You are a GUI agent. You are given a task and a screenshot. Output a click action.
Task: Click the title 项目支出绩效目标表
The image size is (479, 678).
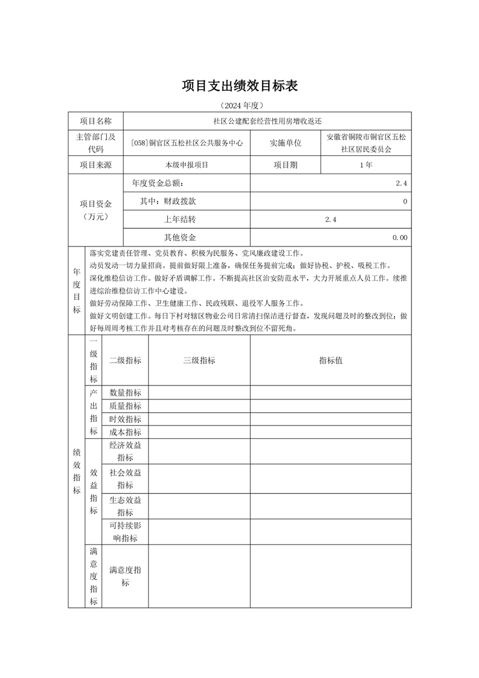coord(240,86)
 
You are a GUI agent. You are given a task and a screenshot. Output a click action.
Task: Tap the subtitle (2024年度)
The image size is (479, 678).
coord(239,105)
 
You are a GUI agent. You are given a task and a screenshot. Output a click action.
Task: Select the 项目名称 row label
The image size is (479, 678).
coord(95,121)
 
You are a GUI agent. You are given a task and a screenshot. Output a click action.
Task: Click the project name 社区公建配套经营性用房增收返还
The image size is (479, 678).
coord(267,121)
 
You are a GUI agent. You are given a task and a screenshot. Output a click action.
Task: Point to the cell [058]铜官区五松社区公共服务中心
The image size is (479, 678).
coord(187,143)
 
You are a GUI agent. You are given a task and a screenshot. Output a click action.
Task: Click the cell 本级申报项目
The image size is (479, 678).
coord(187,165)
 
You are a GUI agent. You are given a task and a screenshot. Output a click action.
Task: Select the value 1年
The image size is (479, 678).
coord(365,165)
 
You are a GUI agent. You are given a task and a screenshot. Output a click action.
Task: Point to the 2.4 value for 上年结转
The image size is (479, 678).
coord(330,219)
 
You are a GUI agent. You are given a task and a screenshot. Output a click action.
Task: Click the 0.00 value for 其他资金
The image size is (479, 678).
coord(399,238)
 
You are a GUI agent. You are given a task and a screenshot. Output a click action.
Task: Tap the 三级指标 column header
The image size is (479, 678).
coord(199,361)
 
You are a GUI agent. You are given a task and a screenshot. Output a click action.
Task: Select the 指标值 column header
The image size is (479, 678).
coord(330,361)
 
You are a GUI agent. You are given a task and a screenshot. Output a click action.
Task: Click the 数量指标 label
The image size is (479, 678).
coord(125,393)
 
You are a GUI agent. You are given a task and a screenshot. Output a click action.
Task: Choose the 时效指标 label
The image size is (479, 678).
coord(125,419)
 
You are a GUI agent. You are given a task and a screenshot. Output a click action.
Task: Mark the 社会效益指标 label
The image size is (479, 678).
coord(125,479)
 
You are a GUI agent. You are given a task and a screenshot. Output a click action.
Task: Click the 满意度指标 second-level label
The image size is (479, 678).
coord(125,576)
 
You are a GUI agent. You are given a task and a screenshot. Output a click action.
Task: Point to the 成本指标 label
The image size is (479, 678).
coord(125,432)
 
